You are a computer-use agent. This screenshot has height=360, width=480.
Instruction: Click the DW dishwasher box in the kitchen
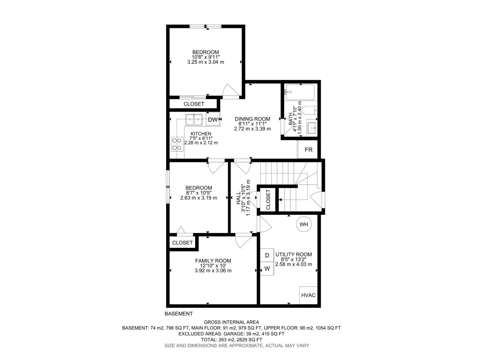tap(213, 120)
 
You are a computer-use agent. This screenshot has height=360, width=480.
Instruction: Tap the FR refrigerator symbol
tap(308, 150)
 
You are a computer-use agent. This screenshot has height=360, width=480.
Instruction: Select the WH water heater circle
tap(304, 224)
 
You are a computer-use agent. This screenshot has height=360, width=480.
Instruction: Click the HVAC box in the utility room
tap(308, 295)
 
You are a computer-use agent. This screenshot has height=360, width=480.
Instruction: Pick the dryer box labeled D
tap(267, 255)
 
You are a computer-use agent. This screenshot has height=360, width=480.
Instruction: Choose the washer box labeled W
tap(267, 268)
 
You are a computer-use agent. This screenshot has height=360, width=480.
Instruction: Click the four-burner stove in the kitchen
tap(177, 144)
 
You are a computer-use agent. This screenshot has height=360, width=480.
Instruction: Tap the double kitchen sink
tap(194, 120)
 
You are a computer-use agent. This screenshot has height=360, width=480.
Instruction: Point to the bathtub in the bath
tap(300, 92)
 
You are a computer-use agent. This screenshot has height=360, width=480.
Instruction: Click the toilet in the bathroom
tap(309, 110)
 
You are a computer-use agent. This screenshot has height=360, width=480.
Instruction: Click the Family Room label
tap(213, 261)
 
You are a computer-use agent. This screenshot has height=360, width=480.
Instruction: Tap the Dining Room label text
tap(252, 119)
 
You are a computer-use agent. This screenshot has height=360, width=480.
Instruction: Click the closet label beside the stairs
tap(268, 199)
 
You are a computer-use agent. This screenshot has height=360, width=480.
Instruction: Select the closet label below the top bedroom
tap(194, 104)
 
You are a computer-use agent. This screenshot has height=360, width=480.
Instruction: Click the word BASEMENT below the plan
tap(179, 314)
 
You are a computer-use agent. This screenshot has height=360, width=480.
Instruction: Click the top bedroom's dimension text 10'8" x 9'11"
tap(205, 57)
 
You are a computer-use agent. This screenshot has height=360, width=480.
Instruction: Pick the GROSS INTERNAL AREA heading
tap(231, 322)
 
